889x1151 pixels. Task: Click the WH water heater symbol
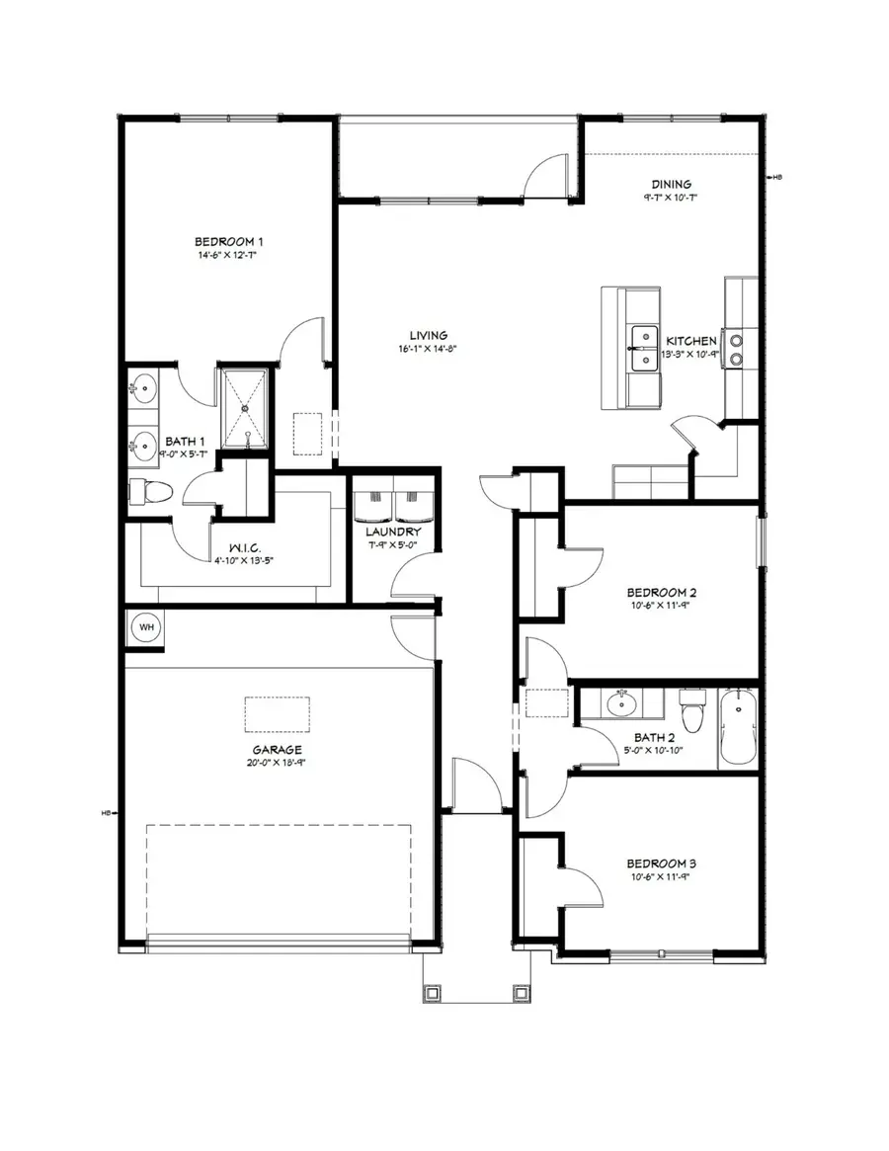click(x=146, y=627)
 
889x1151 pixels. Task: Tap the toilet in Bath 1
click(x=150, y=491)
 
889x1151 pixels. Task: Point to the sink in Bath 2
click(x=622, y=704)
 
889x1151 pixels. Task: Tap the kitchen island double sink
click(x=645, y=349)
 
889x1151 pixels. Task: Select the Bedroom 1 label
click(x=228, y=241)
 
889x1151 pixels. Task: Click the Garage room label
click(x=277, y=750)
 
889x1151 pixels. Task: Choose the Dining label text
click(x=670, y=184)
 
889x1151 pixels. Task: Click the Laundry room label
click(x=393, y=532)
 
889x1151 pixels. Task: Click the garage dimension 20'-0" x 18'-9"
click(x=277, y=764)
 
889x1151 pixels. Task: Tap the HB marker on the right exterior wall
click(x=776, y=178)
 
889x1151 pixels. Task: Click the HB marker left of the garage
click(x=105, y=814)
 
